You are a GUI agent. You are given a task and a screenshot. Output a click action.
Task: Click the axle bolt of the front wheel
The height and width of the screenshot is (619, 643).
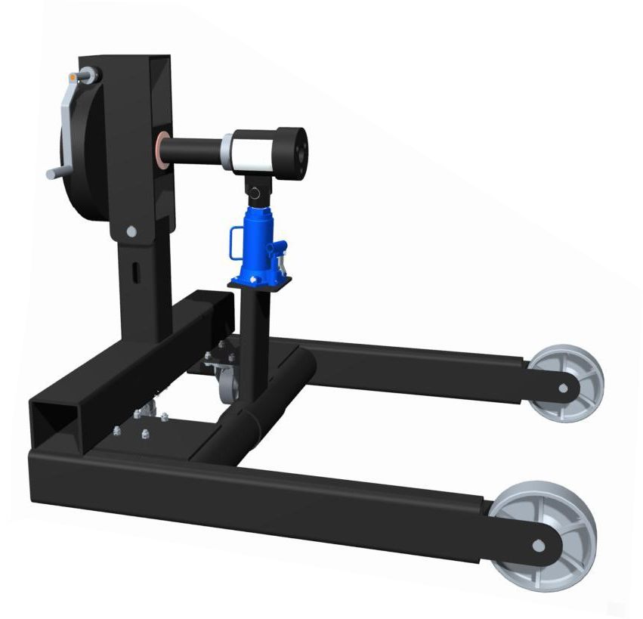coord(537,544)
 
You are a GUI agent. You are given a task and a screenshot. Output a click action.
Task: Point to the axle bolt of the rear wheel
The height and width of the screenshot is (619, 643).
coord(563,388)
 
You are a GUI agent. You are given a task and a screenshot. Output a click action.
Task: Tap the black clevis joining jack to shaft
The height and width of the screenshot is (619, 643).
coord(258,186)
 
